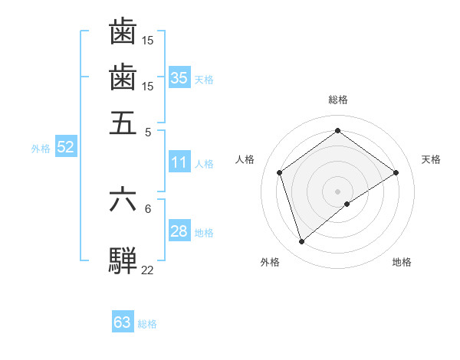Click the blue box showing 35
179,78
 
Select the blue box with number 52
65,147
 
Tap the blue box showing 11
179,162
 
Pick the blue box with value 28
179,231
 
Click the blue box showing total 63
123,322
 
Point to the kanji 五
123,122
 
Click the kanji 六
123,199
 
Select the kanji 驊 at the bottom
123,260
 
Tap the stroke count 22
148,270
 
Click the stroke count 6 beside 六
148,208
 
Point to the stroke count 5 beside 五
148,131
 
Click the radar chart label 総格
338,100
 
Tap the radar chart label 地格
402,262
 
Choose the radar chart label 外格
270,262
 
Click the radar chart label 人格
245,159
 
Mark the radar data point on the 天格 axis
396,172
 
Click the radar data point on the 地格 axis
347,204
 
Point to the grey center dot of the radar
338,191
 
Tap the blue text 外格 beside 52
41,149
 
